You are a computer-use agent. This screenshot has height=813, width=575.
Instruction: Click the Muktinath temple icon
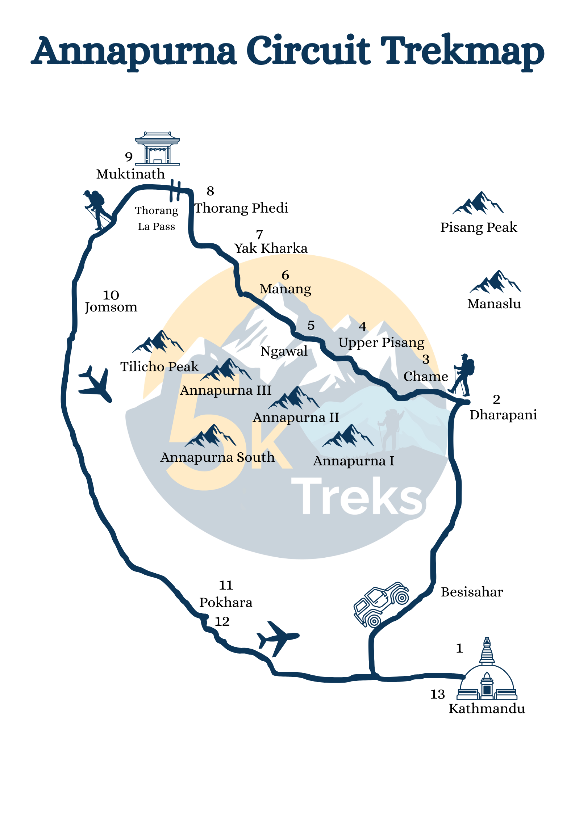click(x=157, y=149)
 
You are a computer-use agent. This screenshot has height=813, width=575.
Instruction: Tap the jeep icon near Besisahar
click(x=380, y=604)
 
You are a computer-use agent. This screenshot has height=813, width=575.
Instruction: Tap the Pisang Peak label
click(x=478, y=227)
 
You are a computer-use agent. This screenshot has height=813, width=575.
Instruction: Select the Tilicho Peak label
click(x=159, y=366)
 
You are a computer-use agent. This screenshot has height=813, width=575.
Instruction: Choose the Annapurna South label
click(x=217, y=457)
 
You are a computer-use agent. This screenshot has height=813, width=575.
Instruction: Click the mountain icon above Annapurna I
click(x=348, y=436)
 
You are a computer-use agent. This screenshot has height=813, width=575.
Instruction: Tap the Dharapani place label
click(x=503, y=415)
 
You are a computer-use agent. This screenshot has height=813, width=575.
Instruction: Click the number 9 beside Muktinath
click(x=129, y=157)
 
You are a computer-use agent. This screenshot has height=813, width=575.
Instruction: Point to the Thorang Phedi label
click(x=241, y=208)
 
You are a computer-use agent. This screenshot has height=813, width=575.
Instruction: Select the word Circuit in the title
click(x=308, y=51)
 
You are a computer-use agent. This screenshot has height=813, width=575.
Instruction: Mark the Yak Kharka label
click(x=271, y=248)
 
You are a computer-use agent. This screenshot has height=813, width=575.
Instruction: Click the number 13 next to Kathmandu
click(x=437, y=694)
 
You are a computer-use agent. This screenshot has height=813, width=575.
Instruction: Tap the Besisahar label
click(x=472, y=592)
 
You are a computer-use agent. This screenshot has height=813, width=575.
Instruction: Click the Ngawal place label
click(x=284, y=351)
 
